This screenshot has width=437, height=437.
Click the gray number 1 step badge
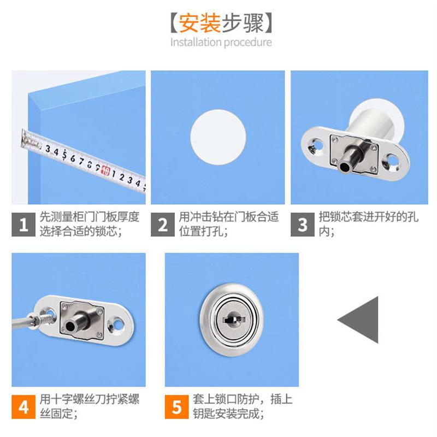(23, 224)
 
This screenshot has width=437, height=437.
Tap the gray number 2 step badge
(163, 224)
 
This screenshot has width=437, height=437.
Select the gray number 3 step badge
(303, 224)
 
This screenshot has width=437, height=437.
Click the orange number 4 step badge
(23, 406)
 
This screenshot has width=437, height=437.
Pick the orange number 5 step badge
(176, 406)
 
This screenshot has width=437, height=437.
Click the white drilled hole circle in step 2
(217, 136)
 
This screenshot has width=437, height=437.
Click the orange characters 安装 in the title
(199, 23)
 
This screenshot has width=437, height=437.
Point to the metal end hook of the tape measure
(27, 138)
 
